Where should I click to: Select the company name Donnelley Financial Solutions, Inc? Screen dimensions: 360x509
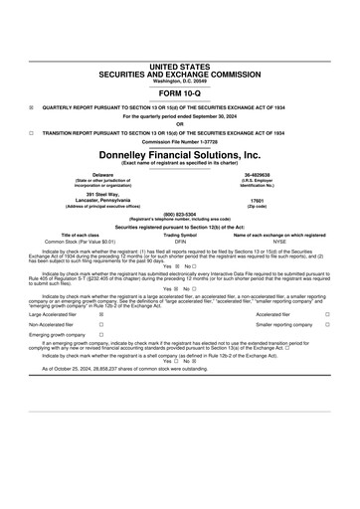(x=180, y=155)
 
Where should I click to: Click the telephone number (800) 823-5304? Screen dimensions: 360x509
(x=180, y=216)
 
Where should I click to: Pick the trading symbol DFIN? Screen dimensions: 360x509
(x=180, y=241)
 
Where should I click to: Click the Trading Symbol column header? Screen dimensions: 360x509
(x=180, y=234)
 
